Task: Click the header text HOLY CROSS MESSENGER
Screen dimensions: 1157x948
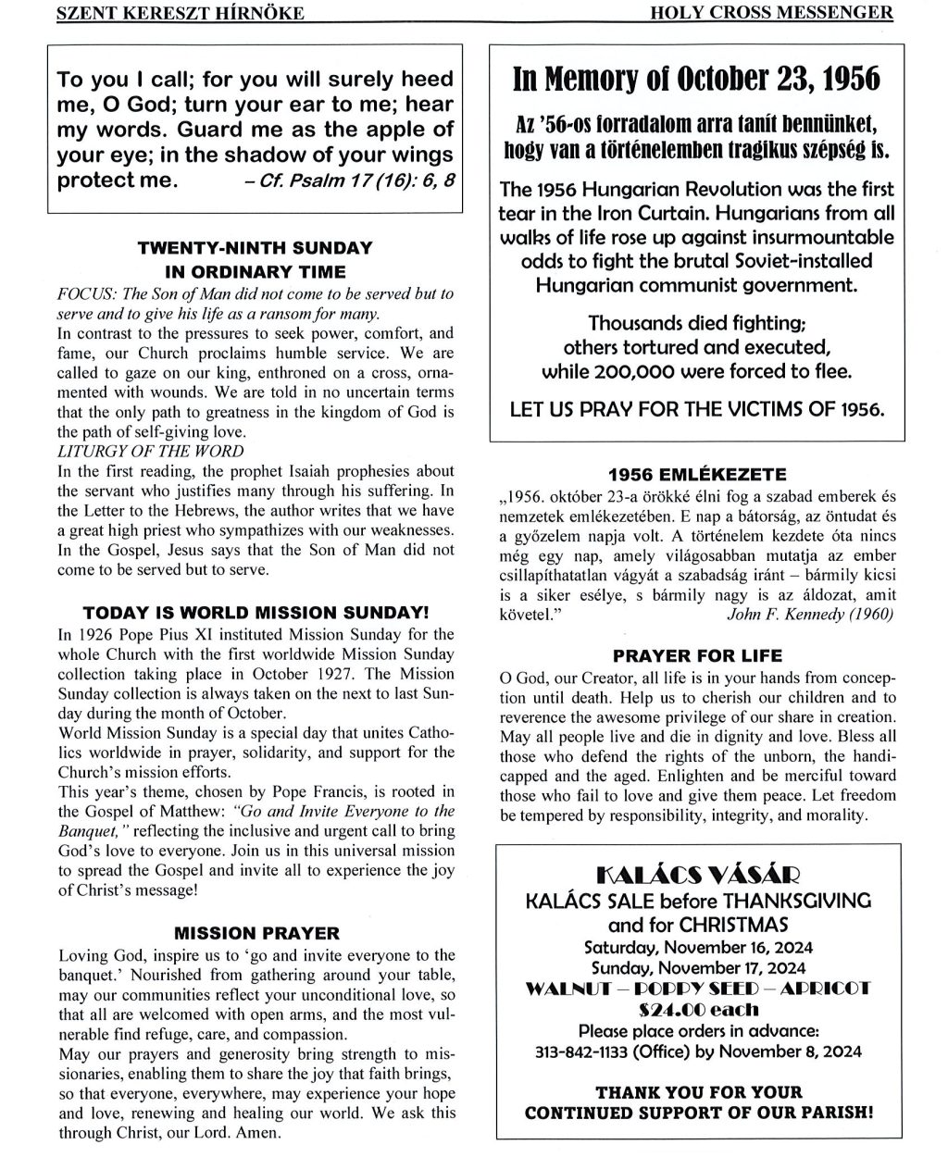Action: click(792, 12)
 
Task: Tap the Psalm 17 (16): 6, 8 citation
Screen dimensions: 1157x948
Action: click(348, 180)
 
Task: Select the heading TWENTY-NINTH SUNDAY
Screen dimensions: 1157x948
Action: click(255, 248)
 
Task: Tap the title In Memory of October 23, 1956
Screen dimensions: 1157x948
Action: click(696, 81)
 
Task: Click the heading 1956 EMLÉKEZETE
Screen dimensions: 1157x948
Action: click(697, 469)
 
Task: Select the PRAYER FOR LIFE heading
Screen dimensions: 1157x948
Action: click(697, 656)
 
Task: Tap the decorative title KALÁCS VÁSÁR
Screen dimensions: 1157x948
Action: click(696, 873)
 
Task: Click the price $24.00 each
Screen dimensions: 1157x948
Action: click(697, 1010)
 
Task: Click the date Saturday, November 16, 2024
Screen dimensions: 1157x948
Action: click(696, 947)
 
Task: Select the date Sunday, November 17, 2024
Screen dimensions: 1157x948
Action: click(696, 967)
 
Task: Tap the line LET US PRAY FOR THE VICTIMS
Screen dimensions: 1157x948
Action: click(696, 408)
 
